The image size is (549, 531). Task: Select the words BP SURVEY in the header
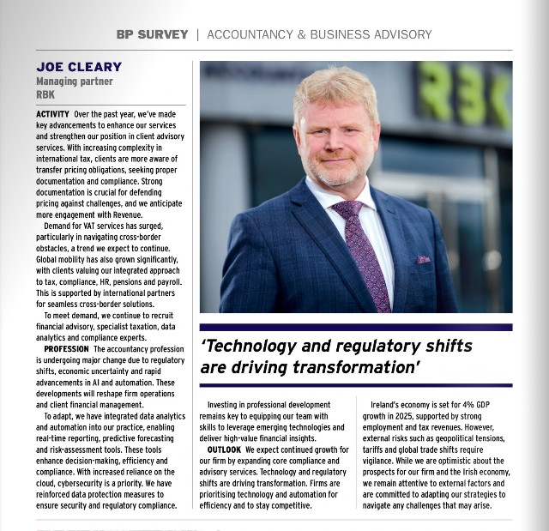[152, 35]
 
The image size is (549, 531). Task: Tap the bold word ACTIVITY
[53, 114]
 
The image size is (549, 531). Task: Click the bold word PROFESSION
[66, 349]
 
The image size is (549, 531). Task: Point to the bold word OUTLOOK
[224, 450]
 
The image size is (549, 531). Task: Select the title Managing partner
[74, 81]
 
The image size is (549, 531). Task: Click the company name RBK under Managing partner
[45, 94]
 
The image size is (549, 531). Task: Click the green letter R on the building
[434, 94]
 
